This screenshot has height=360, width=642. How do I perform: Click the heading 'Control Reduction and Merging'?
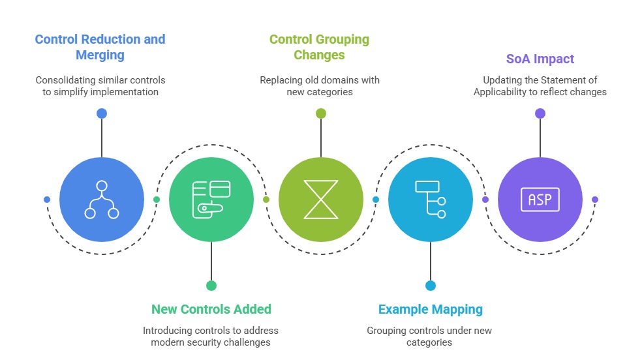pyautogui.click(x=100, y=47)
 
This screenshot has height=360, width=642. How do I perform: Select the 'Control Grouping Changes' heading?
pyautogui.click(x=320, y=47)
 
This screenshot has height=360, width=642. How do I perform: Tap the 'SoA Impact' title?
pyautogui.click(x=540, y=59)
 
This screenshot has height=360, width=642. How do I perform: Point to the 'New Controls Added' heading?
pyautogui.click(x=211, y=309)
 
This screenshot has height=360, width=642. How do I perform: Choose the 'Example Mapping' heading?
pyautogui.click(x=431, y=309)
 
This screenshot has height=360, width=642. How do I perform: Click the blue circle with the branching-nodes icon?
pyautogui.click(x=102, y=200)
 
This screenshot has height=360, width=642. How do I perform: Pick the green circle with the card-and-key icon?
pyautogui.click(x=211, y=200)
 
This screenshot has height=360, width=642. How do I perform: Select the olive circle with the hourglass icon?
pyautogui.click(x=321, y=200)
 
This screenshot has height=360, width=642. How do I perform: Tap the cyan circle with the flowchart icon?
pyautogui.click(x=431, y=200)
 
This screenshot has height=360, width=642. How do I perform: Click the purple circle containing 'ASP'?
pyautogui.click(x=540, y=200)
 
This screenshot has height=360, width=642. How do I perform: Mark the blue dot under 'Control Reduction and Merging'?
pyautogui.click(x=102, y=113)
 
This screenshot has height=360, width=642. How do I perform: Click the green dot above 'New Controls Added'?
pyautogui.click(x=211, y=286)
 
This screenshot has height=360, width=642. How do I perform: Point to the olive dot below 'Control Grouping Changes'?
pyautogui.click(x=321, y=113)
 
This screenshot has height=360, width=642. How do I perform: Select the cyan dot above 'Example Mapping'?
pyautogui.click(x=431, y=286)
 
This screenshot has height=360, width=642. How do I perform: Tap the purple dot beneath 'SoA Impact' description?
pyautogui.click(x=540, y=113)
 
